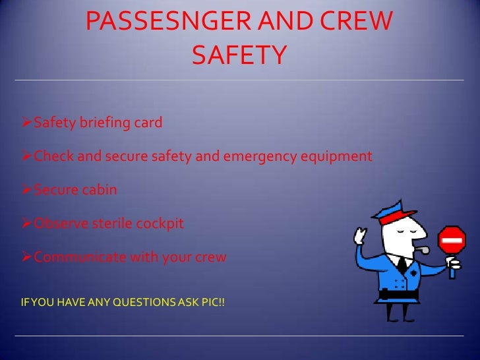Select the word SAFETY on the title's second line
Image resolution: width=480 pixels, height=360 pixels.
coord(239,55)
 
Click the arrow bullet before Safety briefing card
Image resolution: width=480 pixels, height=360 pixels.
coord(26,122)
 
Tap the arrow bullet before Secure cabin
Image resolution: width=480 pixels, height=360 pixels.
coord(26,190)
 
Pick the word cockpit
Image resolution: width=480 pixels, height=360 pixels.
coord(160,224)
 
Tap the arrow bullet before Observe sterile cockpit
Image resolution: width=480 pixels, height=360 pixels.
coord(26,224)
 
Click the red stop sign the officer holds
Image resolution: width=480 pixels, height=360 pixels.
coord(453,241)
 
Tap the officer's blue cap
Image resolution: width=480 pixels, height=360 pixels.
coord(394,210)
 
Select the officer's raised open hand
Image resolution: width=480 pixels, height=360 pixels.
coord(361,238)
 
